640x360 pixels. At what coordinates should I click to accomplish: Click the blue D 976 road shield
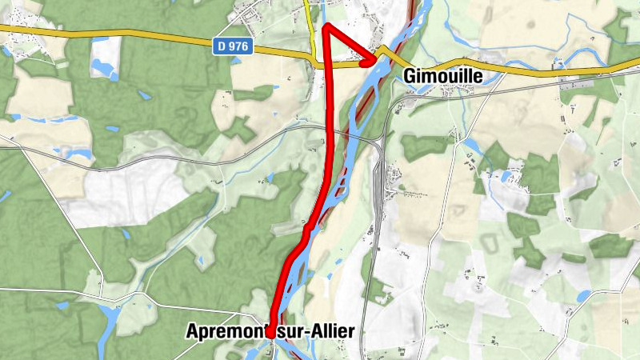point(233,47)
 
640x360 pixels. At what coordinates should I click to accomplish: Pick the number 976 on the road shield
point(238,47)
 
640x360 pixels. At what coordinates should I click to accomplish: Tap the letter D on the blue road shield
point(222,47)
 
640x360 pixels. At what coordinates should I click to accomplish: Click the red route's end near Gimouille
point(374,60)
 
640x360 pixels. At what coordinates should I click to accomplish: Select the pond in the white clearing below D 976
point(101,69)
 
